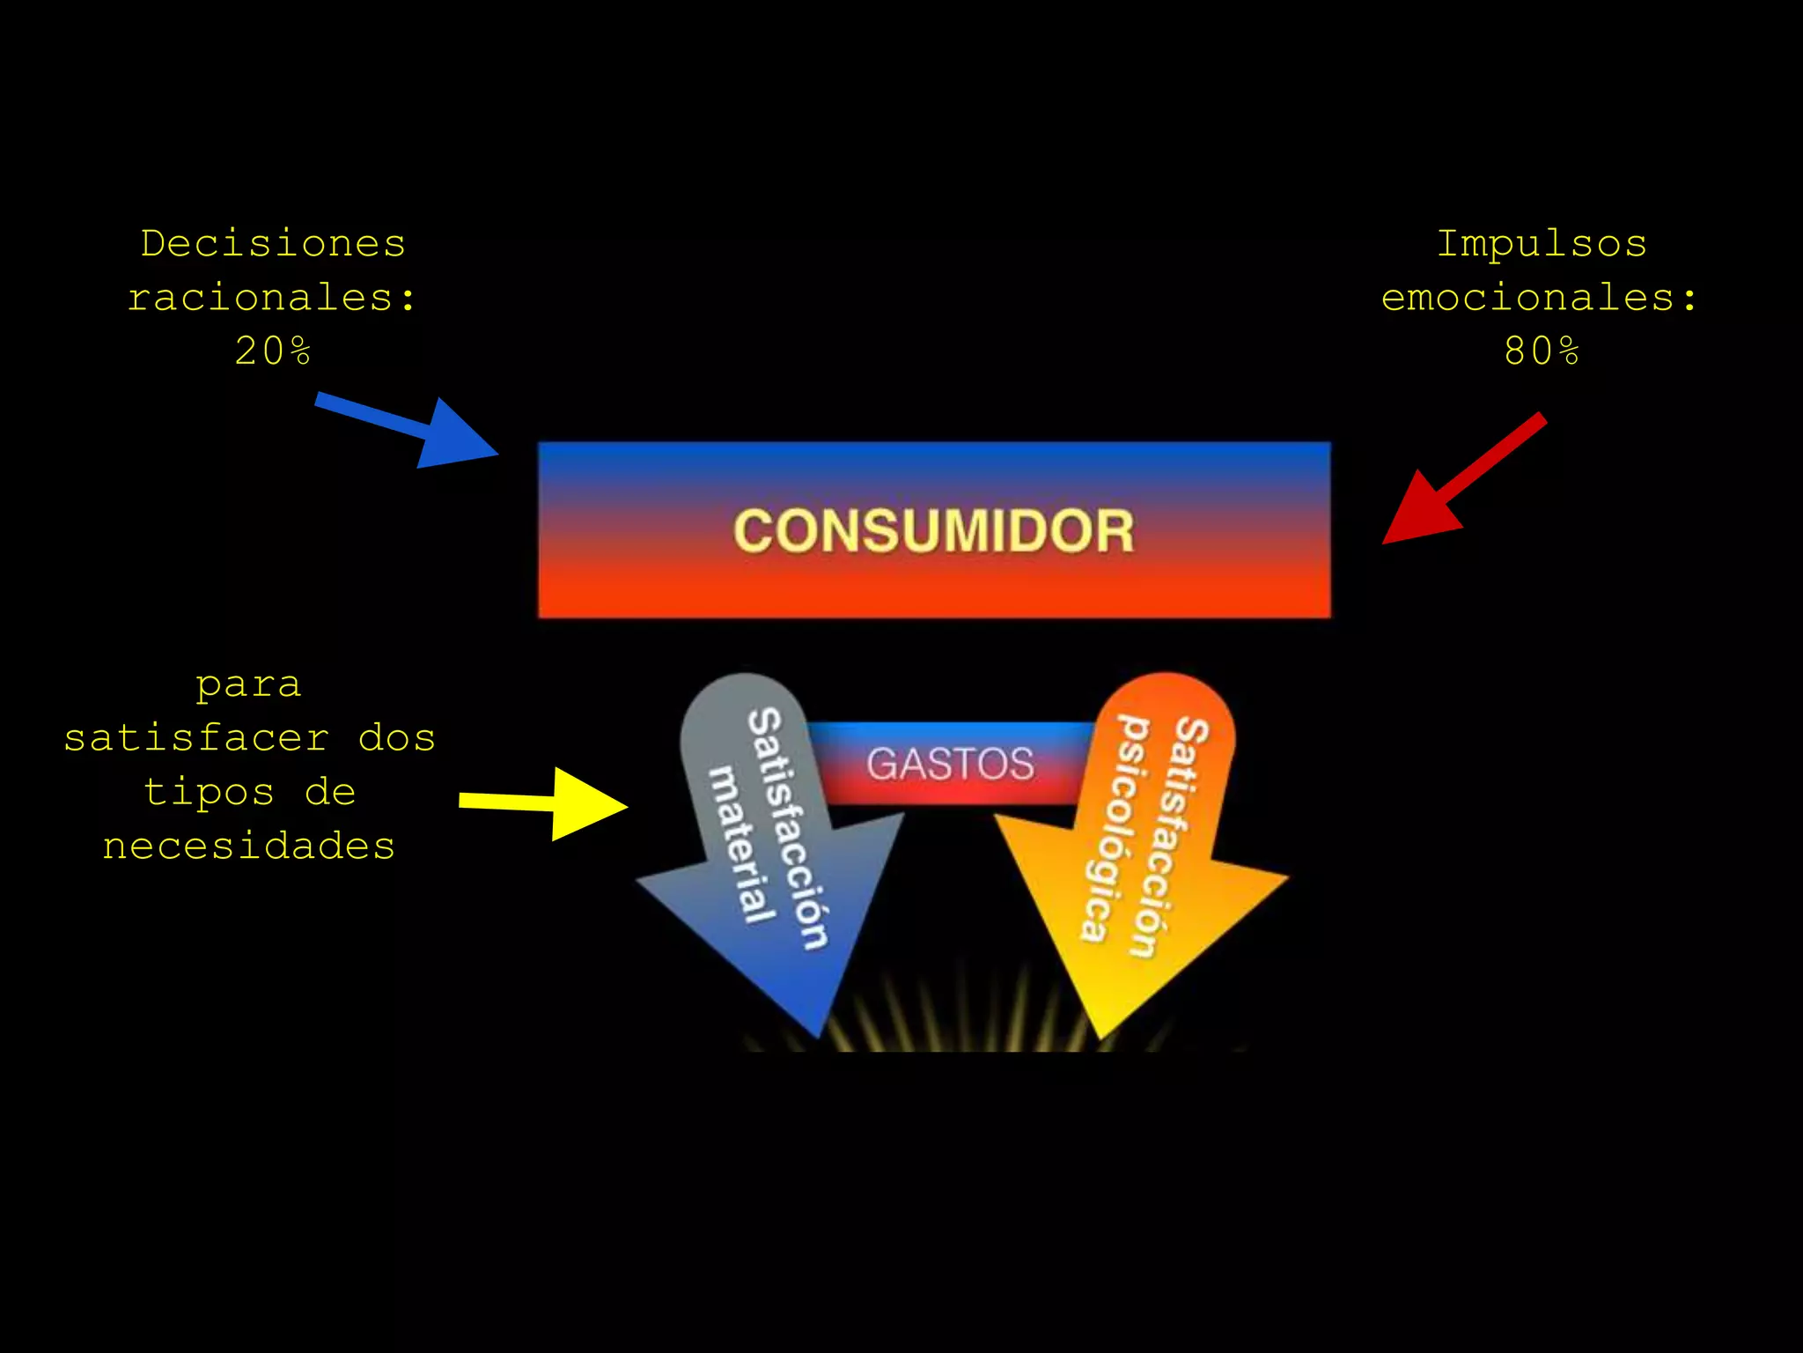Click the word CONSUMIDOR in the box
[934, 531]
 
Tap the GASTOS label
[950, 764]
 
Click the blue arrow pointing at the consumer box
[414, 429]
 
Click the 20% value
[273, 351]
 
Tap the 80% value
[1542, 351]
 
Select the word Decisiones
[273, 243]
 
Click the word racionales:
[272, 297]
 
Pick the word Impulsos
[1542, 243]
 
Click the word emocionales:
[1539, 297]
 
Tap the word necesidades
[249, 846]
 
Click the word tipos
[210, 792]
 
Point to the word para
[249, 684]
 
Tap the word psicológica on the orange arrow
[1111, 828]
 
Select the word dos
[396, 738]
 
